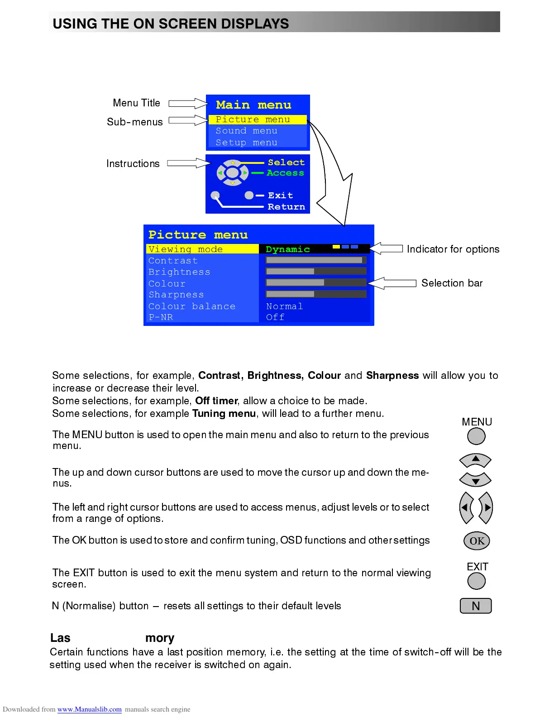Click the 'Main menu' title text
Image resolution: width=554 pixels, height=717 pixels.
tap(253, 105)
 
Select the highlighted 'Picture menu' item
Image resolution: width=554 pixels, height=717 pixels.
tap(253, 119)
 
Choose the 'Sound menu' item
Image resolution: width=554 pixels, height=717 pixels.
tap(246, 131)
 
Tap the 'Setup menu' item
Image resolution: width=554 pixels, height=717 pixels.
tap(246, 143)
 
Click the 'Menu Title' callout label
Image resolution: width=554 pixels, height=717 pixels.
tap(136, 103)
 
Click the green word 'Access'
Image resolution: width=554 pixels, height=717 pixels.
tap(285, 173)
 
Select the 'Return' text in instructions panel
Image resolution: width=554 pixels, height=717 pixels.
tap(286, 207)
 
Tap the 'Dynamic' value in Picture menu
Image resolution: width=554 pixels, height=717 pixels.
tap(288, 249)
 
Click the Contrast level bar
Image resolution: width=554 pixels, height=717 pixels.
tap(315, 260)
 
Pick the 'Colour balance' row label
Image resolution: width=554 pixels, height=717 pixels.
tap(192, 306)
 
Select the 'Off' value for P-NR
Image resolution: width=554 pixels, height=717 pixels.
tap(275, 317)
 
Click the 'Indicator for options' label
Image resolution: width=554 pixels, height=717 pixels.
tap(453, 249)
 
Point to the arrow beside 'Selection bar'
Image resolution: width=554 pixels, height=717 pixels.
tap(392, 283)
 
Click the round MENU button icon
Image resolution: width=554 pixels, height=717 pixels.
tap(476, 436)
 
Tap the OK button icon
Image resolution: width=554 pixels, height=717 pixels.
tap(477, 541)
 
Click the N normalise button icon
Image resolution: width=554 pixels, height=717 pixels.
tap(476, 606)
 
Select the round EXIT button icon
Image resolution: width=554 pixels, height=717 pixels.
tap(476, 581)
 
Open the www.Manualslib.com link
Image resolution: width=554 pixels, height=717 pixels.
tap(89, 709)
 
